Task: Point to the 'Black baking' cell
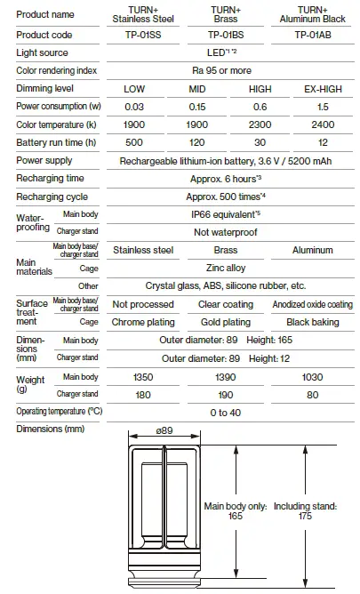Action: coord(312,321)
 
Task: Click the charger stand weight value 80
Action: coord(312,394)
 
